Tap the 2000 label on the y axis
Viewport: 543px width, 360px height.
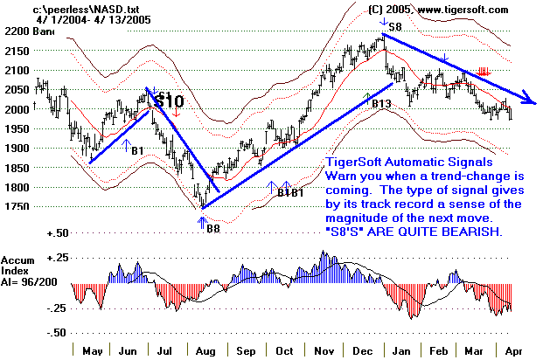[x=16, y=109]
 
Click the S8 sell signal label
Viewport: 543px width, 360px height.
[x=395, y=27]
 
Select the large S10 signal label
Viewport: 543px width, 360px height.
[x=168, y=101]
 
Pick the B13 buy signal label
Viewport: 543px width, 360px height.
[x=381, y=104]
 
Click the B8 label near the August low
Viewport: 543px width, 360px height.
[x=213, y=229]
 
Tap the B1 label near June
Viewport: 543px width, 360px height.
[x=138, y=150]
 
